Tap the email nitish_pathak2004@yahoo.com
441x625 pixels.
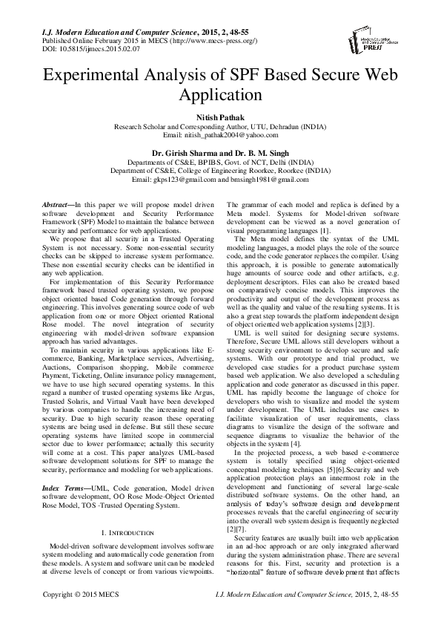[x=230, y=136]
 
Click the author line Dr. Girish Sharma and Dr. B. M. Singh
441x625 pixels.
[x=220, y=154]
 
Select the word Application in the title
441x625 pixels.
[x=220, y=96]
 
